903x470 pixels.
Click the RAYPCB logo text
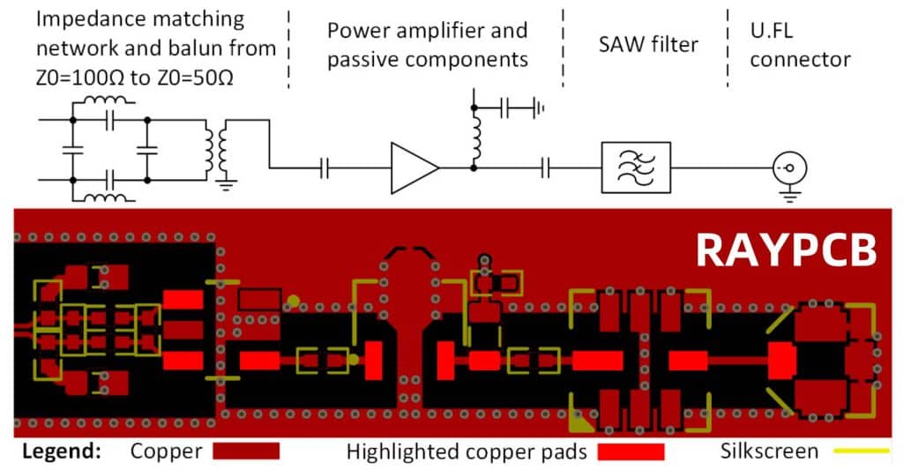(786, 250)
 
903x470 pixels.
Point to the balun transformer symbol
(216, 152)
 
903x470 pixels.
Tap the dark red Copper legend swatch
(246, 451)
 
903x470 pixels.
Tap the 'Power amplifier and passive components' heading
(427, 45)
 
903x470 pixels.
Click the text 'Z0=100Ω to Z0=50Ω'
(136, 77)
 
